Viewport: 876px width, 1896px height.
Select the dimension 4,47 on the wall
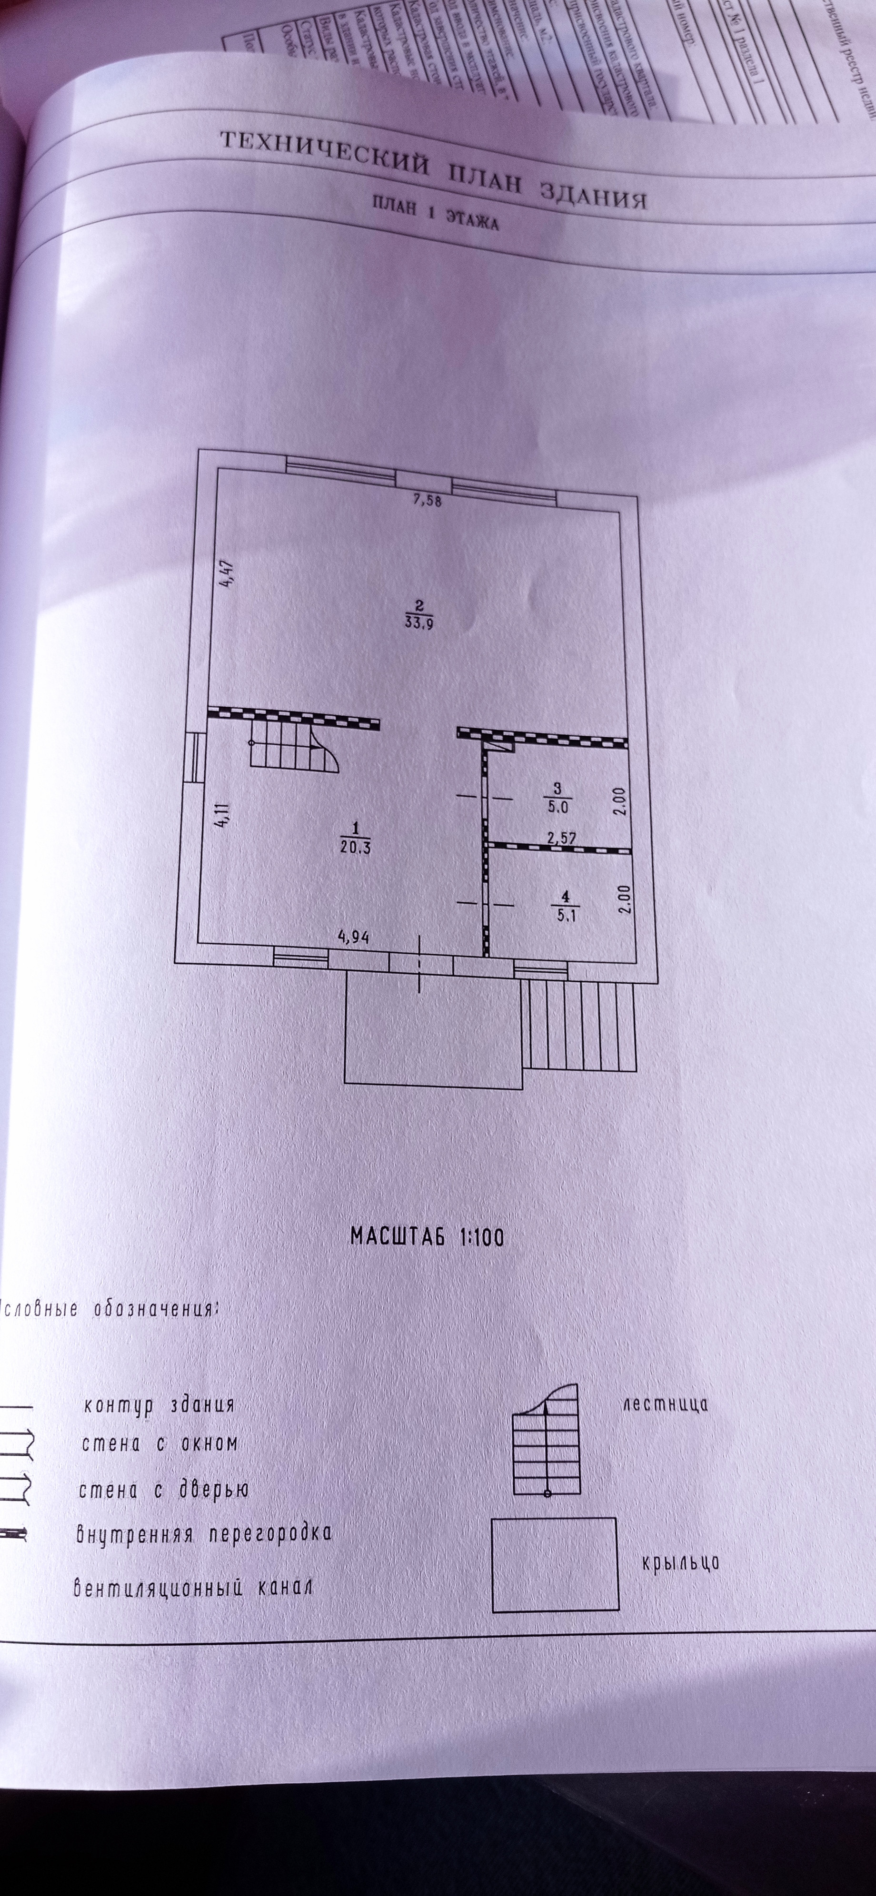[x=228, y=574]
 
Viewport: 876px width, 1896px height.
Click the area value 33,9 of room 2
[x=418, y=622]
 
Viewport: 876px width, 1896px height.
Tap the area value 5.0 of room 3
[x=557, y=807]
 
